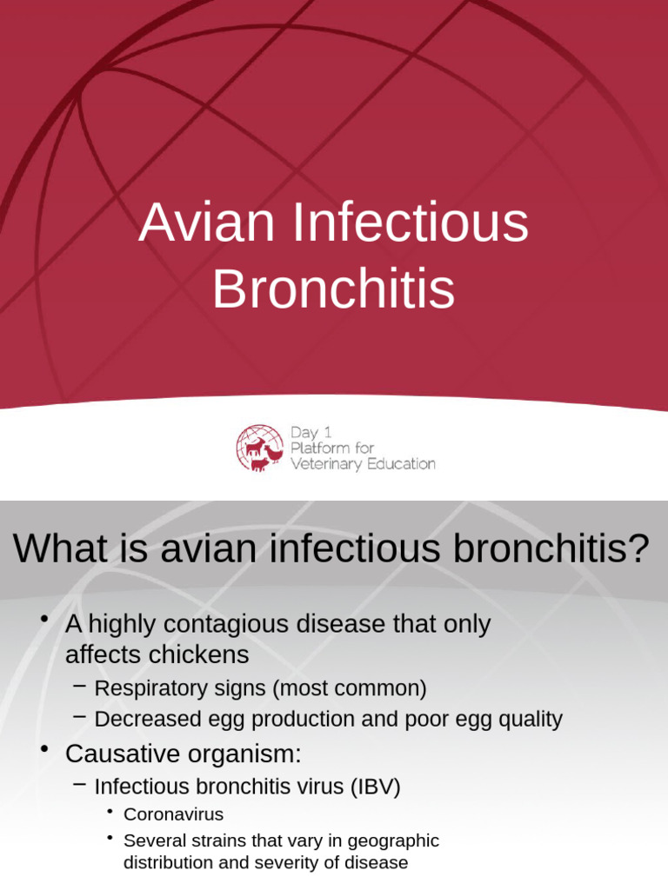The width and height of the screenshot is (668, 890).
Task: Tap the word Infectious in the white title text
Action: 410,222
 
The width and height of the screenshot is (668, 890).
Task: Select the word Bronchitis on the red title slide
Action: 333,289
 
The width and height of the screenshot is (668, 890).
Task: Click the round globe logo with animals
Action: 260,448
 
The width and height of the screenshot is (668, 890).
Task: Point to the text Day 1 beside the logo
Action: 311,432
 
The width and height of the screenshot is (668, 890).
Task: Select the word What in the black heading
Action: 62,549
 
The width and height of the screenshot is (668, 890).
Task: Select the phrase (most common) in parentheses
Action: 350,689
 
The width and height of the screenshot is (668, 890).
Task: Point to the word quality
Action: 531,720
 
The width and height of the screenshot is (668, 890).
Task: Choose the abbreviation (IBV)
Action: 376,787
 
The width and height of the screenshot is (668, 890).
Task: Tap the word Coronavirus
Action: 174,815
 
